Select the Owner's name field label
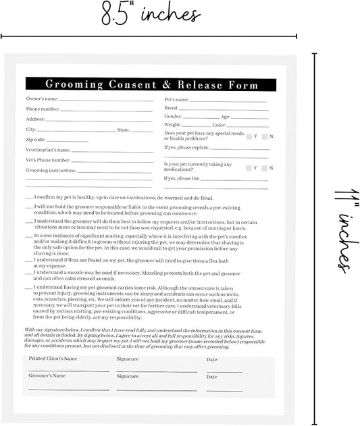point(42,99)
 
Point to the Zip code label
point(35,139)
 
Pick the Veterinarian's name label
point(48,150)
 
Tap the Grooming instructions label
point(51,171)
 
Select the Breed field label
point(172,108)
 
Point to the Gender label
point(173,117)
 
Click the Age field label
point(226,117)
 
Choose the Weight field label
point(173,125)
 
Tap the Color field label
point(219,125)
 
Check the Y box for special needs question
point(249,137)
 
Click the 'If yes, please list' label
point(182,179)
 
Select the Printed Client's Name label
point(53,359)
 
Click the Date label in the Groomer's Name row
point(212,377)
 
